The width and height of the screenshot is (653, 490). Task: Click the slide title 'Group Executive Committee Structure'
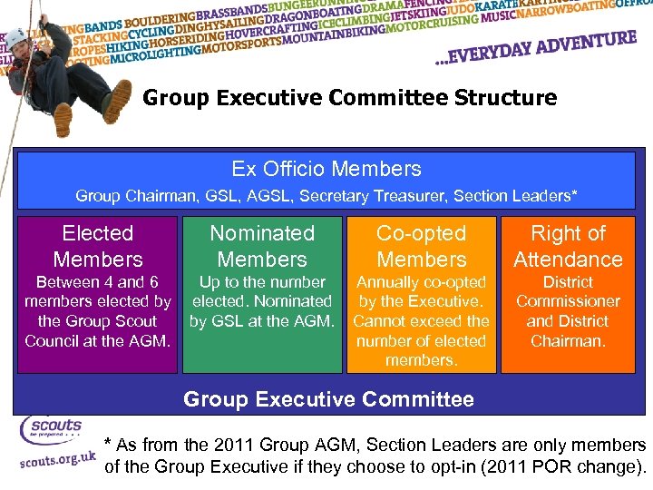[x=349, y=97]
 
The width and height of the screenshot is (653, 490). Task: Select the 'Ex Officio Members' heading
[x=326, y=169]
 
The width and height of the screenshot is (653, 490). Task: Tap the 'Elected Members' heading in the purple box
[x=98, y=246]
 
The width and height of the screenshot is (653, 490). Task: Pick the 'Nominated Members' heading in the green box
[x=262, y=246]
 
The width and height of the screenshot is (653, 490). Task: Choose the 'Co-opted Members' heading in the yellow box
[x=422, y=246]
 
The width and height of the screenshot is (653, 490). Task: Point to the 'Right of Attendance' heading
[x=568, y=246]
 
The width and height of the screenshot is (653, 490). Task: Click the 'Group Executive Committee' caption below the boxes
[x=328, y=398]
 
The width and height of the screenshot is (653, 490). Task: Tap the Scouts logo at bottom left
[x=51, y=428]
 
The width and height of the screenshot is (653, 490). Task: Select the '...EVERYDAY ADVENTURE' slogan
[x=535, y=53]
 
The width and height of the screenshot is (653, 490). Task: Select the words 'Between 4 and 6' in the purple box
[x=98, y=282]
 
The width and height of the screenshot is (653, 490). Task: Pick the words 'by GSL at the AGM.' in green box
[x=263, y=320]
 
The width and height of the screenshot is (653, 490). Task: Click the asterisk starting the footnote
[x=109, y=446]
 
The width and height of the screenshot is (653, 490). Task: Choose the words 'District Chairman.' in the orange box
[x=568, y=330]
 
